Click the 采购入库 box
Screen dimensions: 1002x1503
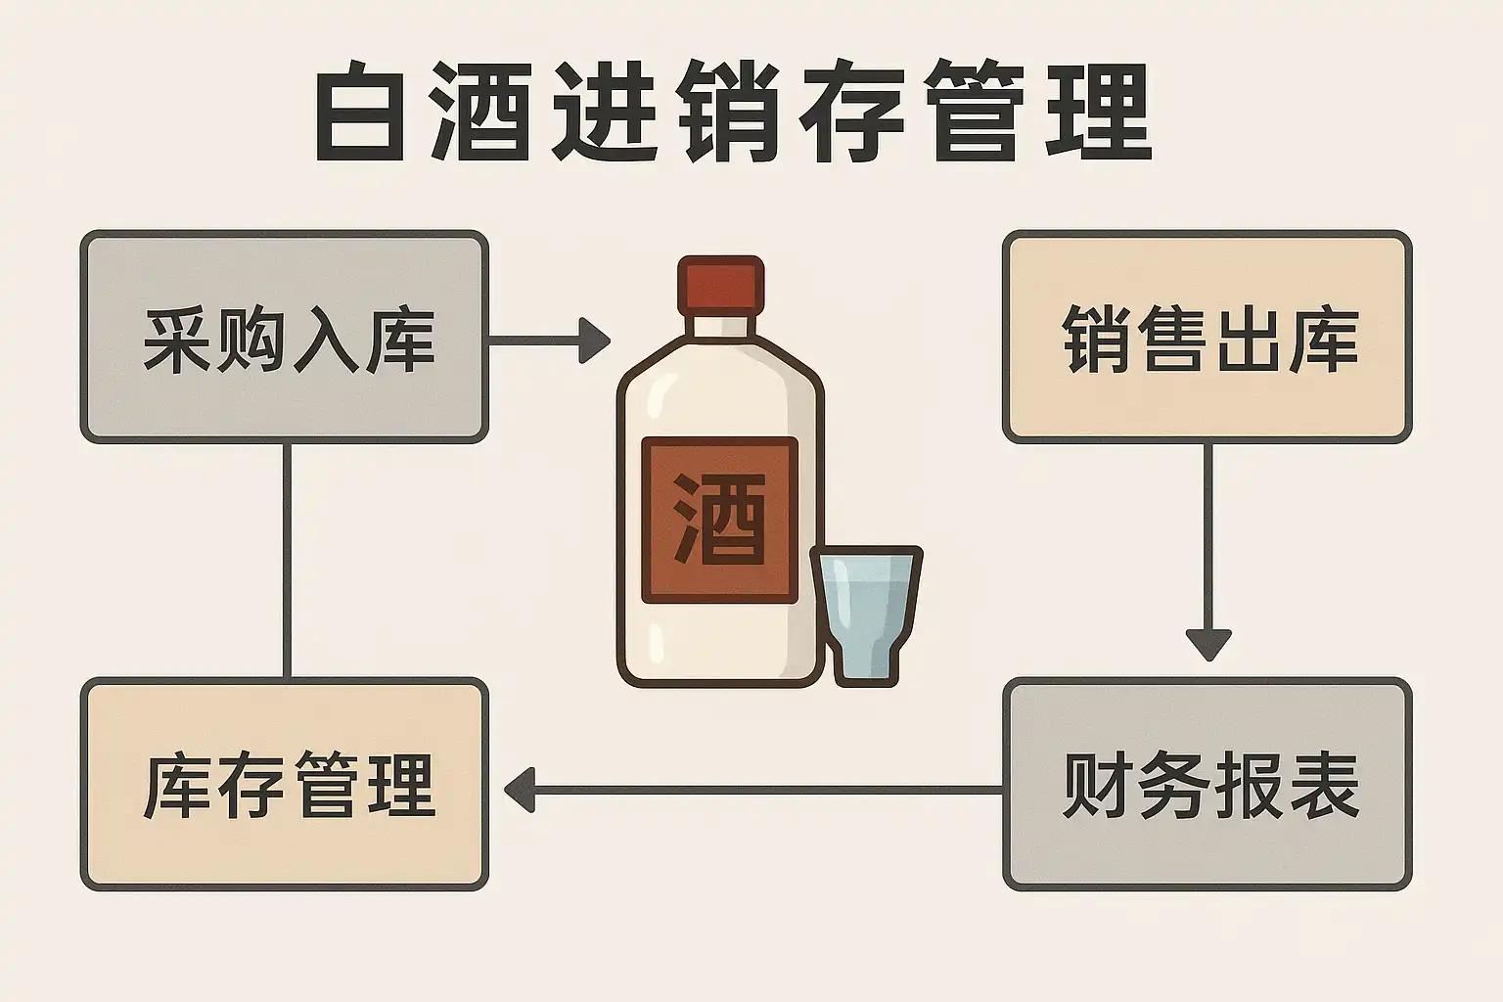(x=284, y=337)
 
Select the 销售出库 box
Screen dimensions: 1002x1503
(x=1207, y=337)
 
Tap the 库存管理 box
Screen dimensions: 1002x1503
(x=284, y=785)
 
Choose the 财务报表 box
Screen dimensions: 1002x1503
(x=1207, y=785)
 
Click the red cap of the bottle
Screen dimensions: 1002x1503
(x=720, y=285)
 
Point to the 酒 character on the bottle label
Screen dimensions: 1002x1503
(x=719, y=519)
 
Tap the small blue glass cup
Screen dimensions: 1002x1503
(x=866, y=612)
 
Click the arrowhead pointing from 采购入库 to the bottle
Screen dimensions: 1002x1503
(x=593, y=340)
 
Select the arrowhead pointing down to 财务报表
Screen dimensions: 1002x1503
(x=1207, y=644)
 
